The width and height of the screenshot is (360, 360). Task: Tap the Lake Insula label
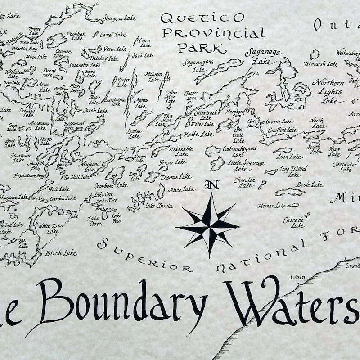pyautogui.click(x=158, y=206)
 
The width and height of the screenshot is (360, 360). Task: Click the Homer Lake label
pyautogui.click(x=272, y=206)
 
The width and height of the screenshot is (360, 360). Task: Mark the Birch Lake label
pyautogui.click(x=61, y=253)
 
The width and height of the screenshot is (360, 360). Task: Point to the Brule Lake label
pyautogui.click(x=310, y=184)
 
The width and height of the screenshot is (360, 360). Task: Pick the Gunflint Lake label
pyautogui.click(x=283, y=130)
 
